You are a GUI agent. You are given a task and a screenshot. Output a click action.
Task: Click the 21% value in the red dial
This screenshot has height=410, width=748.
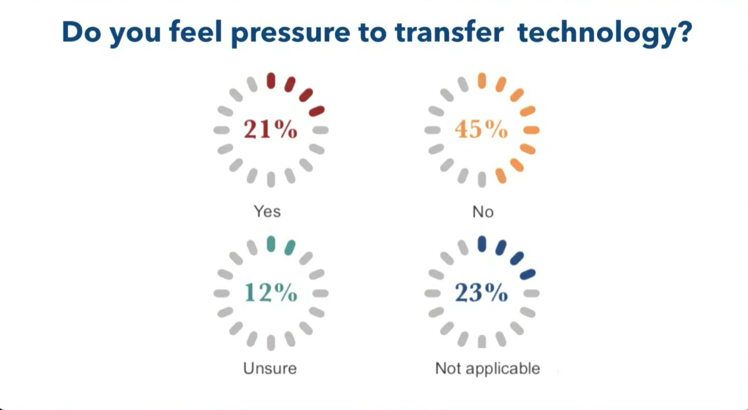[270, 130]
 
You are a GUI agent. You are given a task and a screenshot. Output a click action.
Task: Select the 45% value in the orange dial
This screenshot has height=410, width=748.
[481, 130]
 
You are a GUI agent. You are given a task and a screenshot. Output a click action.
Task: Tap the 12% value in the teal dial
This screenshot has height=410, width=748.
[271, 293]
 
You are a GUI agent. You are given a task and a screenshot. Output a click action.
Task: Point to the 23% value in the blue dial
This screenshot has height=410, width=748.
[481, 293]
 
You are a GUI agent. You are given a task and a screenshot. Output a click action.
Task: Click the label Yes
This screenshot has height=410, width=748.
[267, 211]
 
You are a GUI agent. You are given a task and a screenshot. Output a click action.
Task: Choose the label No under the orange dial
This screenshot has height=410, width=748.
[483, 212]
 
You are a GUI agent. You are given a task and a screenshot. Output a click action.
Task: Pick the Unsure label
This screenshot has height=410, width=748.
[270, 368]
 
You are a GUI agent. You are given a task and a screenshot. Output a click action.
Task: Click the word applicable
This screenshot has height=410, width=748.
[503, 368]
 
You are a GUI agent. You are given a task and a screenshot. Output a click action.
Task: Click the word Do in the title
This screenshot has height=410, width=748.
[81, 32]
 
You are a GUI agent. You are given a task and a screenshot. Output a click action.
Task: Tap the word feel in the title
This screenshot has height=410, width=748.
[195, 32]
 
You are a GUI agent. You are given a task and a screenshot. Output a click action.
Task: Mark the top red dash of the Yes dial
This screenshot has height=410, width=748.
[271, 81]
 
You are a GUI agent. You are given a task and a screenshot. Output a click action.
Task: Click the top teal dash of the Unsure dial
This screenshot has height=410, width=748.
[271, 244]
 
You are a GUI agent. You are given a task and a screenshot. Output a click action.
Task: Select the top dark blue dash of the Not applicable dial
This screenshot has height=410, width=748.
[482, 244]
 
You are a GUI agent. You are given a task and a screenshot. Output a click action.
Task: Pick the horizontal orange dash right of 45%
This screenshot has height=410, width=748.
[531, 130]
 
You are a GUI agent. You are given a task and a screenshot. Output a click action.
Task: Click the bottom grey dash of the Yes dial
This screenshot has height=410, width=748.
[271, 179]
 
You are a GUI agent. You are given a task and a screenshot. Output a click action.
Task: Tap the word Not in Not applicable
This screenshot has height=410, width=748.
[448, 368]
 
